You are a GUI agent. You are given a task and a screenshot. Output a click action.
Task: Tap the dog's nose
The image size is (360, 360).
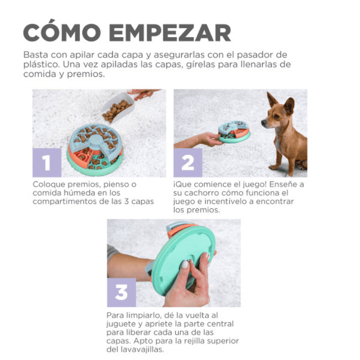(264, 122)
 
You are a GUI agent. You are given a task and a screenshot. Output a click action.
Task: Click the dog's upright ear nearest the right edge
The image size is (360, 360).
(289, 105)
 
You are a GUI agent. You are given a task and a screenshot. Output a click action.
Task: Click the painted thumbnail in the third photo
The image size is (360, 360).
(184, 264)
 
